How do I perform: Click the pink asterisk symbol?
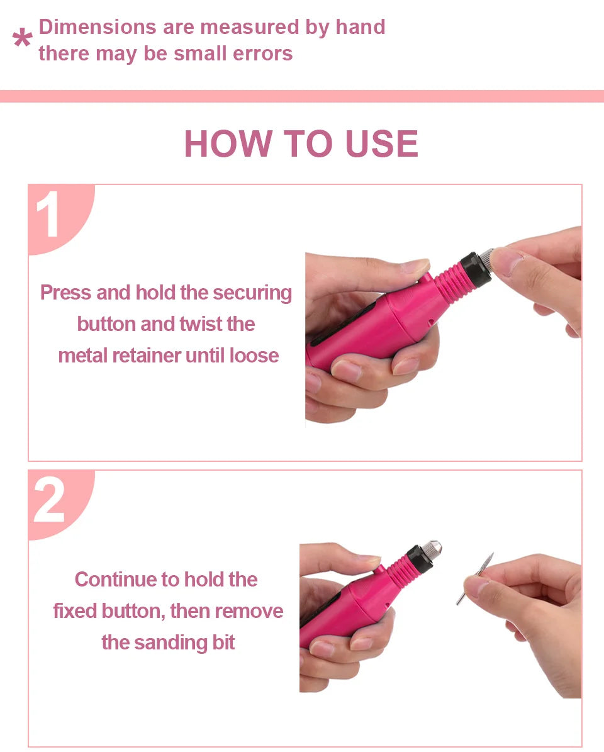coord(23,38)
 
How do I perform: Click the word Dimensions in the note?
coord(98,27)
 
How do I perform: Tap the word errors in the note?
coord(263,53)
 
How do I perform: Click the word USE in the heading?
coord(381,143)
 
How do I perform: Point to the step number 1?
coord(48,214)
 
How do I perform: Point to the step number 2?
coord(49,500)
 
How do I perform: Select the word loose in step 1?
coord(254,356)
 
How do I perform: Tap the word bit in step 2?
coord(223,642)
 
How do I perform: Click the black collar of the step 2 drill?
coord(418,559)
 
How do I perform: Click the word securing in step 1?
coord(252,293)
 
